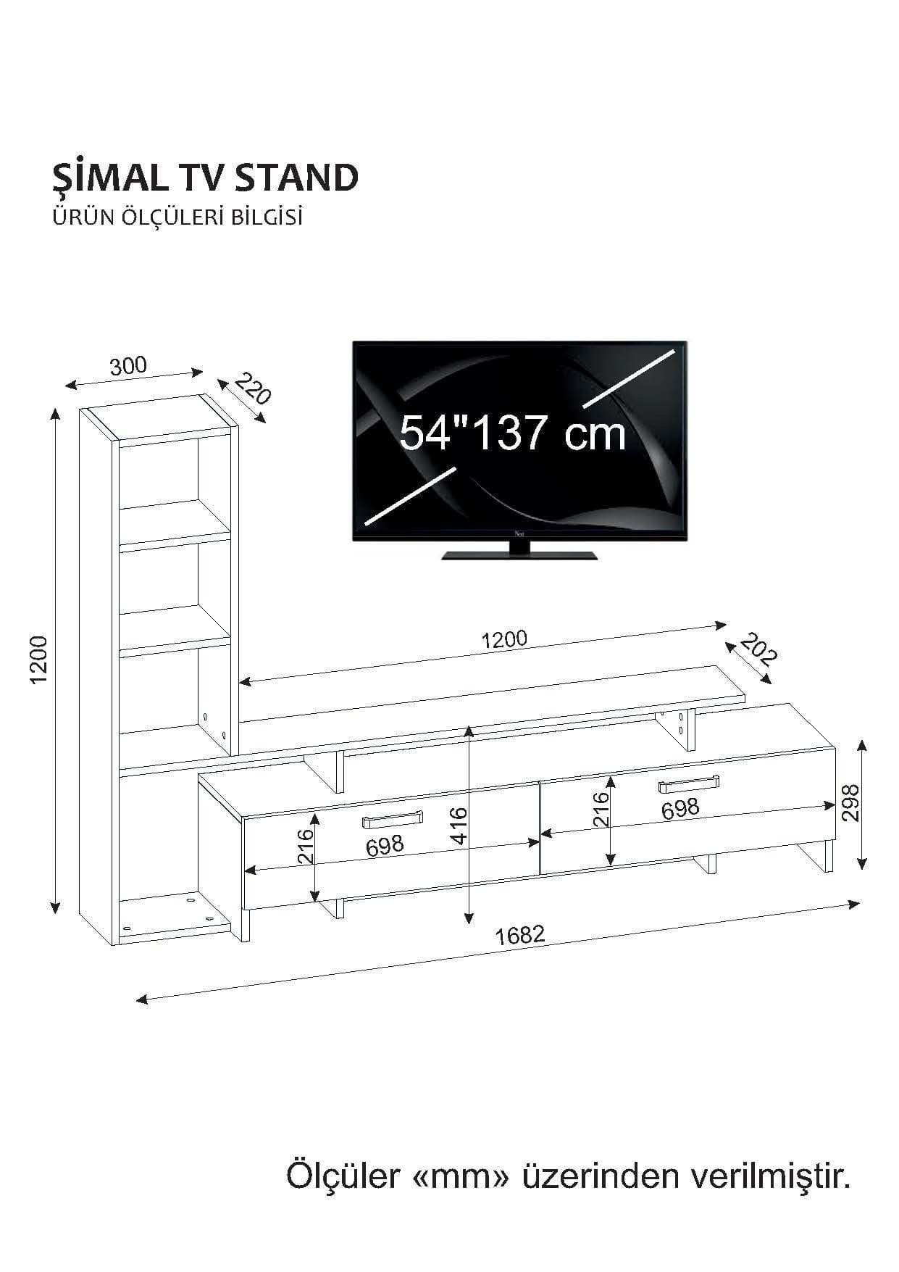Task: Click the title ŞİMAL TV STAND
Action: pos(205,178)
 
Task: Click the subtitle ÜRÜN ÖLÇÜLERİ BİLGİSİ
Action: pos(177,217)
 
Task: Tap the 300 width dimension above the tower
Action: pos(128,366)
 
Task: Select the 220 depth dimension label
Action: pos(252,389)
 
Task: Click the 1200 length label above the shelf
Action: pos(505,639)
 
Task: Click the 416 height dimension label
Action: pos(459,826)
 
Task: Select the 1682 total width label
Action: pos(519,934)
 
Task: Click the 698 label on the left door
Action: pos(385,845)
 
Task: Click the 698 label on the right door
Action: pos(680,808)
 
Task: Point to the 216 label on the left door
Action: pos(304,845)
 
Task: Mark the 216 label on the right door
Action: pos(601,810)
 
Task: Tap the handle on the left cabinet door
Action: pos(391,820)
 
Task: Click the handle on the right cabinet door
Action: pos(688,783)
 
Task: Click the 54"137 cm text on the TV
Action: pos(512,433)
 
